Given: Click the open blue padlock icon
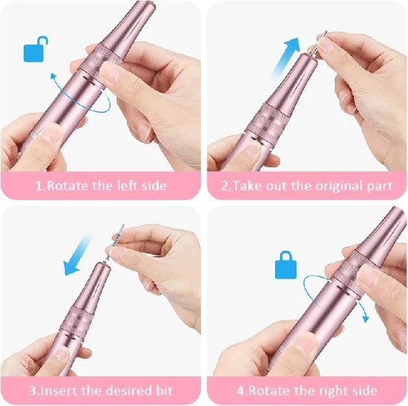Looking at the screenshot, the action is [x=35, y=50].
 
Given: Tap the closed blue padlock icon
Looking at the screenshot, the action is [x=286, y=264].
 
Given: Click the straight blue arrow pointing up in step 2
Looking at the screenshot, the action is [x=285, y=56].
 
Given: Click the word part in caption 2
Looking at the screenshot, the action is [x=379, y=187].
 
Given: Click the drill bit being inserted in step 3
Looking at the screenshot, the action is [x=113, y=243].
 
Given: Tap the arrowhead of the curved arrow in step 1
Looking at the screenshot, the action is [x=53, y=76].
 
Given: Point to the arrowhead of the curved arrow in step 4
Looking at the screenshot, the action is [x=366, y=319].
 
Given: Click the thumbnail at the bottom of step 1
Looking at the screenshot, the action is [x=51, y=134].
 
